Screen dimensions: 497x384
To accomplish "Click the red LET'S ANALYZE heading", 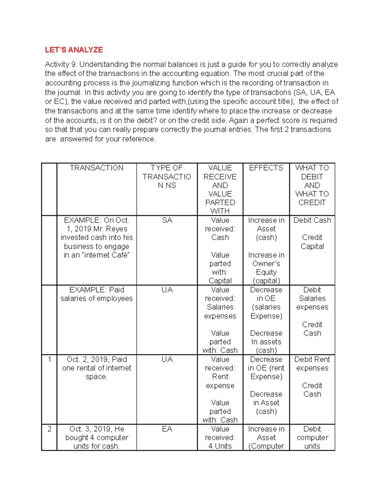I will pos(74,50).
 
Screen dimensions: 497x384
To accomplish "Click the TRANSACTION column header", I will pos(96,168).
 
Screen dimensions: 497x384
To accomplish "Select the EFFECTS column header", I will pos(266,168).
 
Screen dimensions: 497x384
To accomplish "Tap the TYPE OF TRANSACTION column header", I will pos(167,177).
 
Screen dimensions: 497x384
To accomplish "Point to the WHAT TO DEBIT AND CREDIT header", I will pos(312,185).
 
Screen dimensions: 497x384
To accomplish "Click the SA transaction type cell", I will pos(167,220).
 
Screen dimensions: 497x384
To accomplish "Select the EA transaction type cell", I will pos(167,429).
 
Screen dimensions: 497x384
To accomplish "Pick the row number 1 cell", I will pos(49,360).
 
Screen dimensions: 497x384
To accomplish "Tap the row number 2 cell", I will pos(49,429).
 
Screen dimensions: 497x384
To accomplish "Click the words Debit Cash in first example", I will pos(312,220).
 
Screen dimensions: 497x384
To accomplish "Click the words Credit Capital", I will pos(312,242).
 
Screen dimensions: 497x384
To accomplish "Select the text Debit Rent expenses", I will pos(312,364).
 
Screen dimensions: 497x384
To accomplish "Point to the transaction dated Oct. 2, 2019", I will pos(96,368).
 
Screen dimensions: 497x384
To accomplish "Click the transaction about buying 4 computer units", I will pos(96,437).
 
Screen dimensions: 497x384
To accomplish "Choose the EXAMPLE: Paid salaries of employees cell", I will pos(96,294).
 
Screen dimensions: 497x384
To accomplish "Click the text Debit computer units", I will pos(312,437).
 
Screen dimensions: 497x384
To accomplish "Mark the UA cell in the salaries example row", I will pos(167,290).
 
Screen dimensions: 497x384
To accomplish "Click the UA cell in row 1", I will pos(167,360).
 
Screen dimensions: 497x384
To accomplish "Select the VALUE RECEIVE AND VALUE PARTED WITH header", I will pos(220,189).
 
